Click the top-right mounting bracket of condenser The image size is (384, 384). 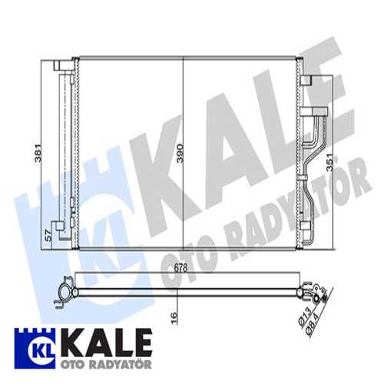[x=306, y=77]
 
